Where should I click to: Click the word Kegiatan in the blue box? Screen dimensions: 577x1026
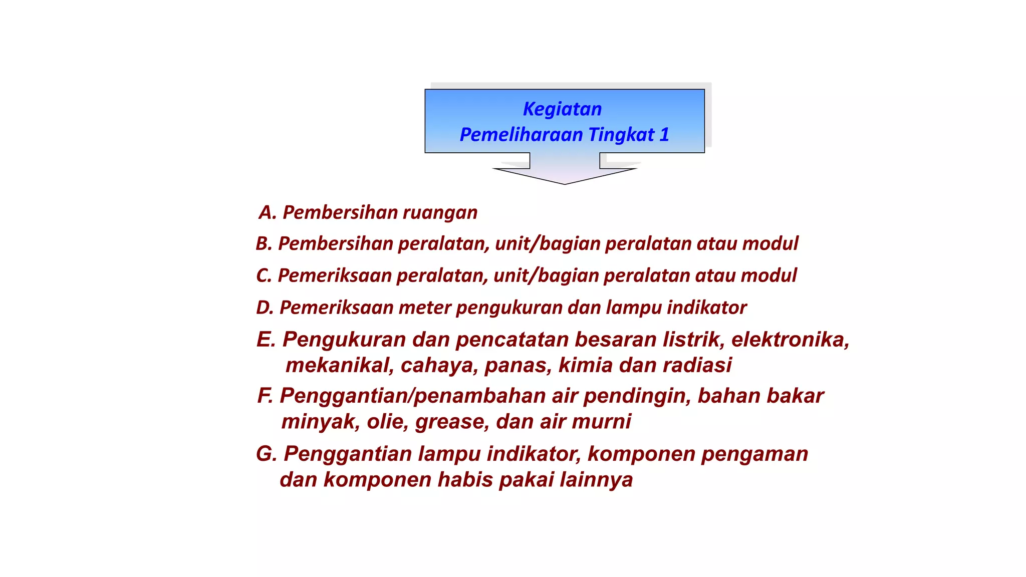pos(562,109)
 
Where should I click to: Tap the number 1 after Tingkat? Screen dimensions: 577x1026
pos(664,135)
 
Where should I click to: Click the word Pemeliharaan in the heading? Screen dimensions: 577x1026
pos(521,135)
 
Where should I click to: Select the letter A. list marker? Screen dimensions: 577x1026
pos(268,212)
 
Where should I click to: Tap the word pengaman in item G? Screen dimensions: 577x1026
pos(754,454)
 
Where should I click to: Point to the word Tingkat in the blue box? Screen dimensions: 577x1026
pos(621,135)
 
